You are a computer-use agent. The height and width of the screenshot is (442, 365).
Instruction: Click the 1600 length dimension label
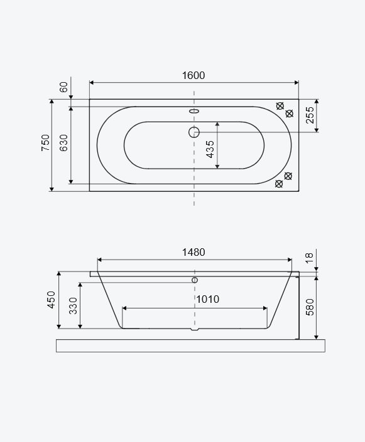[193, 75]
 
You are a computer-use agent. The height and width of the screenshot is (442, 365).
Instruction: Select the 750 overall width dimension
[45, 143]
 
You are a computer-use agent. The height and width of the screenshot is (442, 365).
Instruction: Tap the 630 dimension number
[64, 143]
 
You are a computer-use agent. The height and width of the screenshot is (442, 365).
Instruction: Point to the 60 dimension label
[64, 87]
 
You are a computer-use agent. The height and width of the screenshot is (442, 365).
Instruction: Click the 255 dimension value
[310, 115]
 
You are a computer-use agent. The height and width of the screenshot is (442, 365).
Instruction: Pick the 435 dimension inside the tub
[210, 149]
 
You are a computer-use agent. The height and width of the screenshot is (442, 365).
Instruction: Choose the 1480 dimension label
[193, 252]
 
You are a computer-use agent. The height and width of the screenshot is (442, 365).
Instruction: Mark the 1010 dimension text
[208, 299]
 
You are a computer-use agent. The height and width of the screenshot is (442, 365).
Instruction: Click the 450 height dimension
[51, 300]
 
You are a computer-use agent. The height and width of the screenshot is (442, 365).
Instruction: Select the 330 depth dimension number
[73, 306]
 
